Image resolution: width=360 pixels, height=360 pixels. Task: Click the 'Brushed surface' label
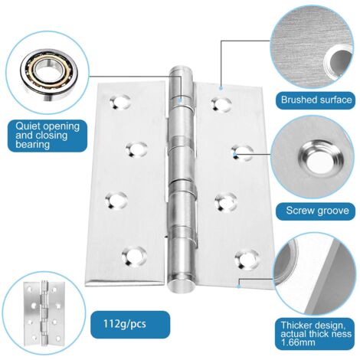pos(316,100)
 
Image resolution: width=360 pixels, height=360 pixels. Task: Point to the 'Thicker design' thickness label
pos(316,335)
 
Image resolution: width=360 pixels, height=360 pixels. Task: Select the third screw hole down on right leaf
pos(224,202)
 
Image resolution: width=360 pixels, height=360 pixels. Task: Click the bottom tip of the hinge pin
pos(179,287)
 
